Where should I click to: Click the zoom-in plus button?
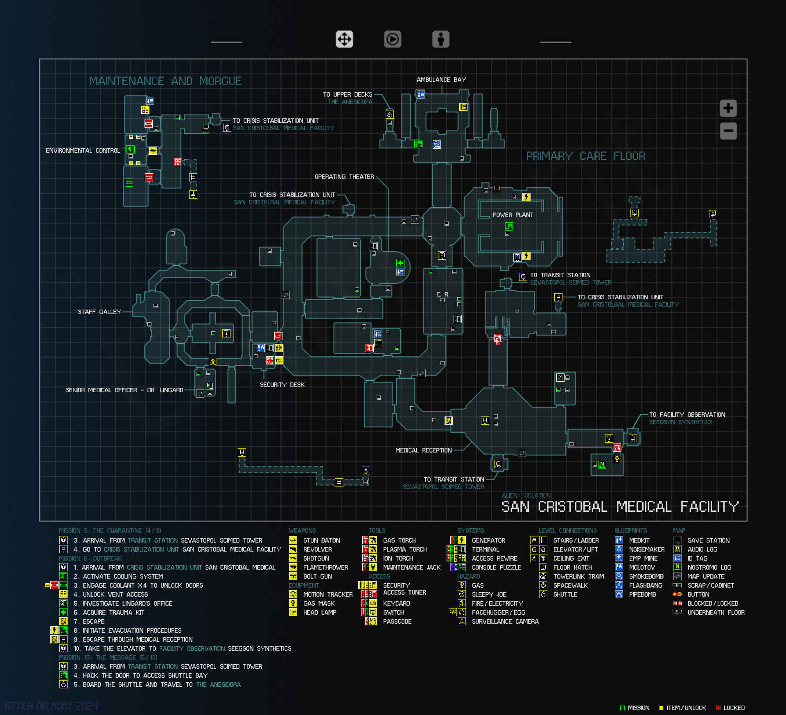pyautogui.click(x=728, y=109)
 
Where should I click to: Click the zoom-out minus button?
pyautogui.click(x=728, y=131)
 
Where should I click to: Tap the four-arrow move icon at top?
pyautogui.click(x=344, y=39)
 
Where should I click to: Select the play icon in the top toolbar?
pyautogui.click(x=393, y=39)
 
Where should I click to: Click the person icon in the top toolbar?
pyautogui.click(x=441, y=39)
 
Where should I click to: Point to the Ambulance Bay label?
pyautogui.click(x=441, y=80)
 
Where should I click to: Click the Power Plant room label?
pyautogui.click(x=513, y=215)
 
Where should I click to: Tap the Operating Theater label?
pyautogui.click(x=344, y=177)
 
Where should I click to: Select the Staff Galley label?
pyautogui.click(x=99, y=312)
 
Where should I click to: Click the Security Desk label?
pyautogui.click(x=282, y=385)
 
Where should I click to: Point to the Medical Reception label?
pyautogui.click(x=423, y=450)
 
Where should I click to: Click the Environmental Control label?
pyautogui.click(x=83, y=151)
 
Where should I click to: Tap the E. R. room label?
pyautogui.click(x=443, y=294)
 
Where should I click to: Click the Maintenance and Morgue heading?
pyautogui.click(x=165, y=81)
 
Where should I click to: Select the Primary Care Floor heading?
pyautogui.click(x=585, y=156)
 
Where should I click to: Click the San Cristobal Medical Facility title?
pyautogui.click(x=620, y=507)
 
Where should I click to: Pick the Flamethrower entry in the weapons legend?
pyautogui.click(x=325, y=568)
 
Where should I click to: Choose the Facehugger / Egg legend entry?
pyautogui.click(x=498, y=613)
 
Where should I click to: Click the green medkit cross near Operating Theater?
pyautogui.click(x=400, y=263)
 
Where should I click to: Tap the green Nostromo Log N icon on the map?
pyautogui.click(x=602, y=464)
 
